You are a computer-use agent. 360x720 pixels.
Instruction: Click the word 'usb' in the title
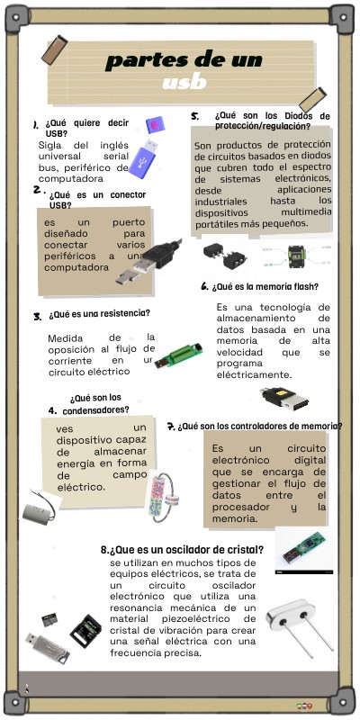184,83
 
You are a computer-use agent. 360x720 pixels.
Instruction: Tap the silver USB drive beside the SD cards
47,648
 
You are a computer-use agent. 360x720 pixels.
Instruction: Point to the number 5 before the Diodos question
194,116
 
